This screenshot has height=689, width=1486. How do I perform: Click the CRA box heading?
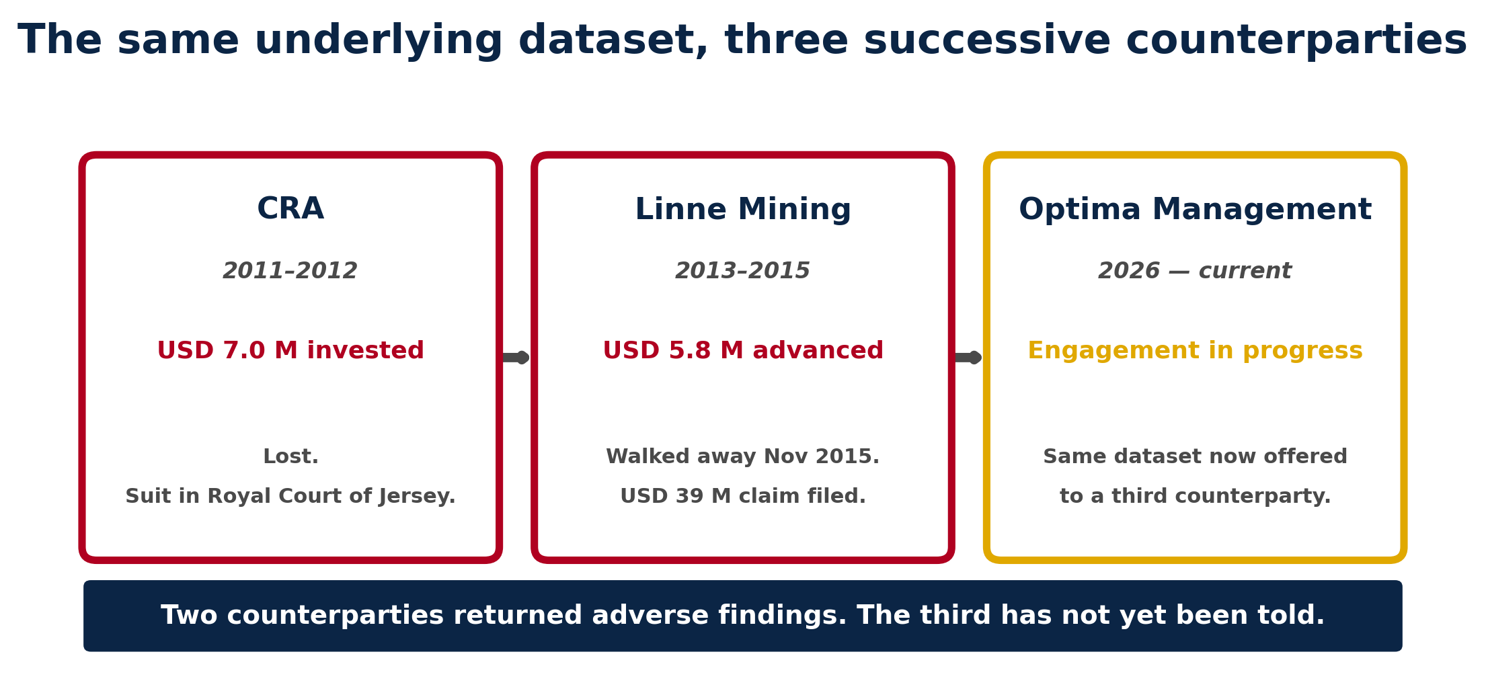[x=290, y=210]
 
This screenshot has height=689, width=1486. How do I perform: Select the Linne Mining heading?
[x=742, y=210]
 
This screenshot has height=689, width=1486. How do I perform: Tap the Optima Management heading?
[x=1195, y=210]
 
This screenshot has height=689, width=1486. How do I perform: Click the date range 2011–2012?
[x=290, y=272]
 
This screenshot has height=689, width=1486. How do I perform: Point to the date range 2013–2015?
[x=742, y=272]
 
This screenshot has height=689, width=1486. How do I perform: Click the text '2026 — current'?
[x=1195, y=272]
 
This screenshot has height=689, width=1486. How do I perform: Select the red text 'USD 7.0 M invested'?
[x=290, y=351]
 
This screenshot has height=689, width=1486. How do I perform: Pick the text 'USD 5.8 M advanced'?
[x=742, y=351]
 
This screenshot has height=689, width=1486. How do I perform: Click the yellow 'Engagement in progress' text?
[x=1195, y=351]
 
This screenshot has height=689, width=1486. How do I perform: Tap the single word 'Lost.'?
[x=290, y=457]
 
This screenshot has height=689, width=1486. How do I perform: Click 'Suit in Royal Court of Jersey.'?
[x=290, y=497]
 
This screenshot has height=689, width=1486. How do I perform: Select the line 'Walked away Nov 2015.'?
[x=742, y=457]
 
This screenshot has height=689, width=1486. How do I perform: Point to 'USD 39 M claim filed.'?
[x=742, y=497]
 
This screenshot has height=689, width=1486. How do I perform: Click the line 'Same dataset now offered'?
[x=1195, y=457]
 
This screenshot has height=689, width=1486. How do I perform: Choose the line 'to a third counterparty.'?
[x=1195, y=497]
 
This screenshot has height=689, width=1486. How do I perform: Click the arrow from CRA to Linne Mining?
[x=515, y=358]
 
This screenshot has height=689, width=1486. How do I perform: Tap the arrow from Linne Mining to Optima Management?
[x=968, y=358]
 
